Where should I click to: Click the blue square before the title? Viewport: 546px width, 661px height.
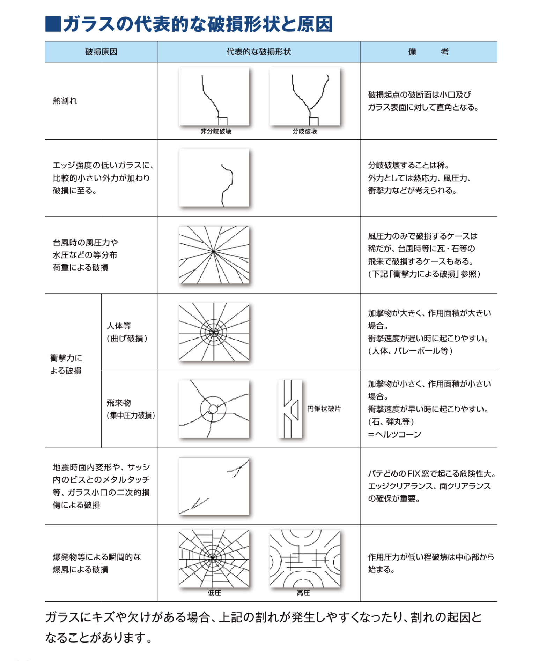(53, 24)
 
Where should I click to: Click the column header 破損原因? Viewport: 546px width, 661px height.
(101, 52)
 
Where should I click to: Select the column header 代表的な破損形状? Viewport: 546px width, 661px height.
(259, 52)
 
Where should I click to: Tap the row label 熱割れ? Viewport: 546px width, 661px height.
(65, 101)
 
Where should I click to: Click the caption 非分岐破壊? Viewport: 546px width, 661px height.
(216, 131)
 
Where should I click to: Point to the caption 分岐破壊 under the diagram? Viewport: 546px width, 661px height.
(305, 131)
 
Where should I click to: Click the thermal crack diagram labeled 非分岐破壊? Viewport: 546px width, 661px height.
(214, 96)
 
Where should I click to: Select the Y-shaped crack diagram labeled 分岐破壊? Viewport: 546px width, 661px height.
(304, 96)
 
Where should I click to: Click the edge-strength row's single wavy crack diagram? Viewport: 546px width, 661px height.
(214, 178)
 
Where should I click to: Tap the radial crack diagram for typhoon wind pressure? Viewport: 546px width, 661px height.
(214, 255)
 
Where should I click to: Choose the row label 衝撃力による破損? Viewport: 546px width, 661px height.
(66, 364)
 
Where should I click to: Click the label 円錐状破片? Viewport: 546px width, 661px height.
(324, 409)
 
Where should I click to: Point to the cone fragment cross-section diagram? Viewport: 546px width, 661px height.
(290, 409)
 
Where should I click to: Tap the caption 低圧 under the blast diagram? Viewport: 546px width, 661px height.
(214, 593)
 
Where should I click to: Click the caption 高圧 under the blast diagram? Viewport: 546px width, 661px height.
(303, 593)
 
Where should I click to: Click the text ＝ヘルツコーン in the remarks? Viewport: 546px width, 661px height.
(395, 434)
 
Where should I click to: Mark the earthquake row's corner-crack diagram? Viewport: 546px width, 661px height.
(214, 486)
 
